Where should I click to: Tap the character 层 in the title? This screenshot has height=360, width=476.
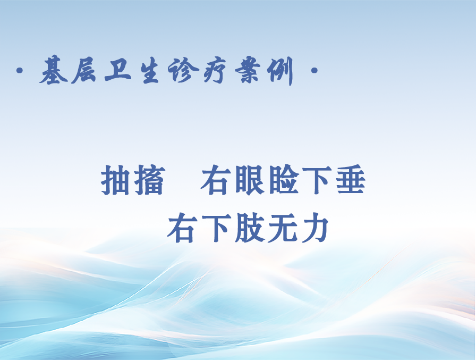84,71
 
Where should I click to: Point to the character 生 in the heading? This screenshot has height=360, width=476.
150,71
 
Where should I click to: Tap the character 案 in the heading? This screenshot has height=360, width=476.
248,70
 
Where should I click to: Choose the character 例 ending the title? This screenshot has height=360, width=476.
280,71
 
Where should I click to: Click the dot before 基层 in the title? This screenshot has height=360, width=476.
20,71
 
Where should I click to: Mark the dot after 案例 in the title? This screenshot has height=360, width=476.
314,71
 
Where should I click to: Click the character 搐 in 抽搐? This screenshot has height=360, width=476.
150,180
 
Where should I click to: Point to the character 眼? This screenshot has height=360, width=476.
250,180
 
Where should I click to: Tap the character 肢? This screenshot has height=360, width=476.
249,228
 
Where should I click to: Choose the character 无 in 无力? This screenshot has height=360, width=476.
282,228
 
